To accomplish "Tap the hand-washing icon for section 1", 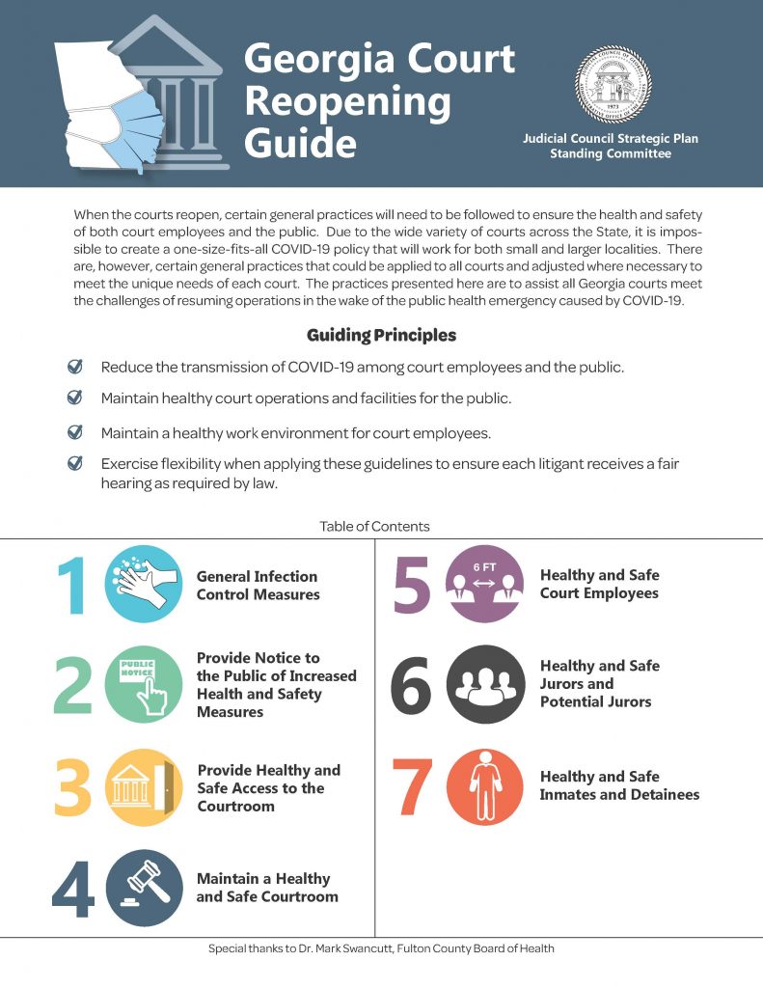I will point(143,585).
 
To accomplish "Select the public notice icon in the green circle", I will point(143,685).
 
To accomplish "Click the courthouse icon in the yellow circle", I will point(143,787).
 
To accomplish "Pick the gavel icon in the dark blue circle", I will point(143,889).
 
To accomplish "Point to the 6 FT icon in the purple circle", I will point(484,584).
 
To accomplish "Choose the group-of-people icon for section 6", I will point(484,684).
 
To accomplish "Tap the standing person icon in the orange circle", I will point(484,786).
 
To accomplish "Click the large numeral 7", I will point(412,787).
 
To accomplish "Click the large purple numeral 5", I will point(412,585).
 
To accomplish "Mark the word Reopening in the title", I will point(347,101).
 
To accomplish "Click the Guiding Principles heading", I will point(381,336).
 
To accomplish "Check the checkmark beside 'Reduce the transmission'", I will point(74,367).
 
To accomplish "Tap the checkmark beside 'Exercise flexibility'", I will point(74,464).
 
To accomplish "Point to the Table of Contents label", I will point(374,527).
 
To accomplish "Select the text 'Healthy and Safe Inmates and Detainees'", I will point(619,785).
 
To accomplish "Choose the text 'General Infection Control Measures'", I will point(258,586).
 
